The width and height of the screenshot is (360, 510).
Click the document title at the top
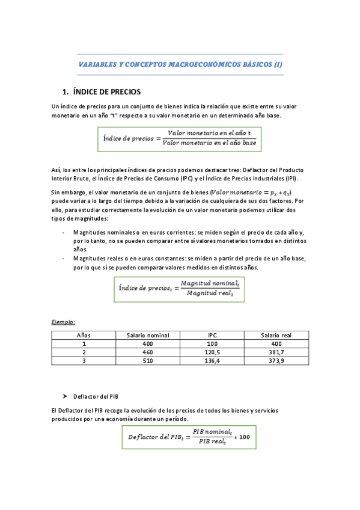tap(180, 64)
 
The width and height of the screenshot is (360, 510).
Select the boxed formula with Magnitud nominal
tap(180, 287)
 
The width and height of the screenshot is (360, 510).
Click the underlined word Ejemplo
tap(63, 322)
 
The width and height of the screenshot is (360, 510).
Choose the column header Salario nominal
tap(148, 336)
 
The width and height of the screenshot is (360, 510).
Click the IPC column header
tap(212, 336)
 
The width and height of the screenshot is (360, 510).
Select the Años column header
tap(84, 336)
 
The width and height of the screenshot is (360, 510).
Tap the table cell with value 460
tap(148, 352)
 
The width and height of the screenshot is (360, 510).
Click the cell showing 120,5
tap(212, 352)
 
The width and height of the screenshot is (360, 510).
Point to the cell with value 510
tap(148, 361)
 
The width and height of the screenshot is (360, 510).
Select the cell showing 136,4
tap(212, 361)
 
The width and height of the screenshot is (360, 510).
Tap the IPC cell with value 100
tap(212, 344)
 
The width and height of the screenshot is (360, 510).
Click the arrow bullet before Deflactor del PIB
tap(65, 397)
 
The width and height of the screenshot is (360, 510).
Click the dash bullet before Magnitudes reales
tap(64, 258)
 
